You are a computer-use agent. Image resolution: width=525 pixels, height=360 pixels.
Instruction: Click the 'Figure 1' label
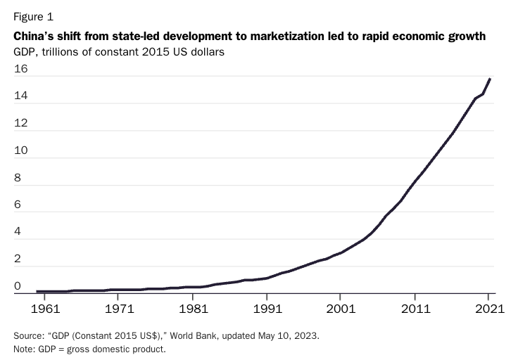click(34, 17)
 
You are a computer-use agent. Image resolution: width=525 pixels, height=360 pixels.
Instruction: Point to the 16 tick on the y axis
click(20, 69)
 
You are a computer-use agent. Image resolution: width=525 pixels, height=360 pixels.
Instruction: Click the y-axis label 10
click(20, 150)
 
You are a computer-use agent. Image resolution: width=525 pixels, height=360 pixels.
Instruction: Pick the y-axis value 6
click(18, 205)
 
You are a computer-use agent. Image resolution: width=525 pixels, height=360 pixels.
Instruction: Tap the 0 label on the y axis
click(18, 286)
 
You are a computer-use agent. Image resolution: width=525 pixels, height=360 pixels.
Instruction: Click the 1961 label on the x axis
click(45, 309)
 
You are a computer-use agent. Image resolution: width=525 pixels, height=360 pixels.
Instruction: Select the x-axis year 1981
click(194, 309)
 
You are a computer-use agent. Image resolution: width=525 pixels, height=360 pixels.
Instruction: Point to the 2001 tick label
click(341, 309)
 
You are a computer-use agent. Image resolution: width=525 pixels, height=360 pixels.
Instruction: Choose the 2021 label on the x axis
click(490, 309)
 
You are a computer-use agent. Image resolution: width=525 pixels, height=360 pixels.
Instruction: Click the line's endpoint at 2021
click(490, 79)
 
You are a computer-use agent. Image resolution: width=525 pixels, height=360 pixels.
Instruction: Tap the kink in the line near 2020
click(483, 94)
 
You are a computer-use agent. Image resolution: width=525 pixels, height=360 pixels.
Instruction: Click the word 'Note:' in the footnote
click(24, 349)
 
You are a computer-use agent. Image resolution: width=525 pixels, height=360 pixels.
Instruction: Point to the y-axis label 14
click(20, 96)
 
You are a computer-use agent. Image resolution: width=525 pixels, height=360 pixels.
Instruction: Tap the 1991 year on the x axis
click(267, 309)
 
